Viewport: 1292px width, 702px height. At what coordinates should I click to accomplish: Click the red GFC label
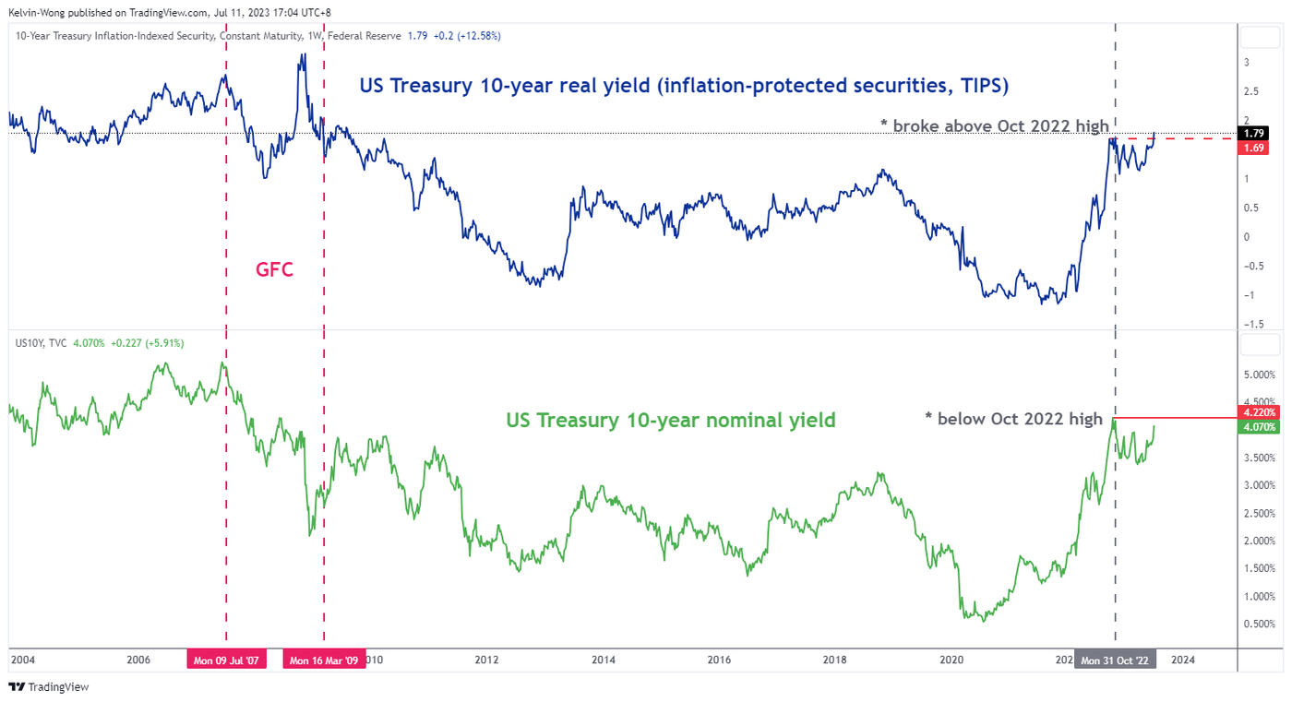[274, 270]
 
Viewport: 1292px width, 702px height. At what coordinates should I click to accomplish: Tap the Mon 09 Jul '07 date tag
[226, 660]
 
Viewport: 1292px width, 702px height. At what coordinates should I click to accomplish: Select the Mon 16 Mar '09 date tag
[324, 660]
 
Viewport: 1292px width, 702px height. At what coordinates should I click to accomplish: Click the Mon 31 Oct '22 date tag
[1116, 660]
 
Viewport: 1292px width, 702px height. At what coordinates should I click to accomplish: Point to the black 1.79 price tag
[1256, 134]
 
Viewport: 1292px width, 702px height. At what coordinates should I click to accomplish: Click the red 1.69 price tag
[1256, 149]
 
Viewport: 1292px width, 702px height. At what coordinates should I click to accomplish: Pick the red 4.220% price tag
[1258, 412]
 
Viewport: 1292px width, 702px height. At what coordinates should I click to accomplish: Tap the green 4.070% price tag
[1258, 427]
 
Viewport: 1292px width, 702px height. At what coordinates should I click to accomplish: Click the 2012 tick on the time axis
[486, 660]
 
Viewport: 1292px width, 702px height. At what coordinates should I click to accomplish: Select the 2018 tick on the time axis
[834, 660]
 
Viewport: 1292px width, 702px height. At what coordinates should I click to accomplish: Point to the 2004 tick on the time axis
[22, 660]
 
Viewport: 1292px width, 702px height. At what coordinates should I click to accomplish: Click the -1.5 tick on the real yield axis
[1252, 324]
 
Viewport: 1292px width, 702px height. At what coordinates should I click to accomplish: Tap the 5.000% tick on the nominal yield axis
[1259, 375]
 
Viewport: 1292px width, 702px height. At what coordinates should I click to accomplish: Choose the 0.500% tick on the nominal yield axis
[1259, 625]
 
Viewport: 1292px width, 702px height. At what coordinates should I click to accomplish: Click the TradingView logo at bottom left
[48, 687]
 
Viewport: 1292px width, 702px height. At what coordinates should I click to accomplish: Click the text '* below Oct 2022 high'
[1013, 419]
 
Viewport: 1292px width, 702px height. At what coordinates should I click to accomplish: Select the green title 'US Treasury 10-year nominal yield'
[671, 421]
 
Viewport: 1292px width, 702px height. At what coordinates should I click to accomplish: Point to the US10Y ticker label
[29, 343]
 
